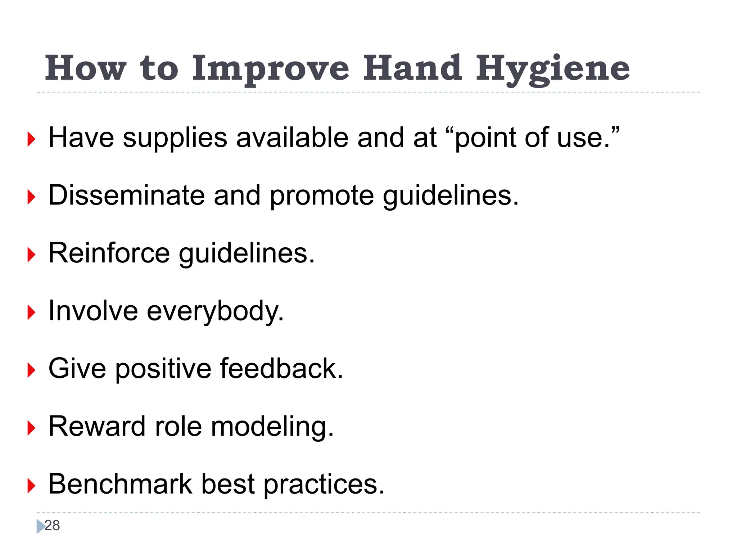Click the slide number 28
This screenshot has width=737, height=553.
[x=52, y=526]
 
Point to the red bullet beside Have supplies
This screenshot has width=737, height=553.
[x=31, y=139]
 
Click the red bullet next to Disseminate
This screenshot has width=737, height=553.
[x=31, y=197]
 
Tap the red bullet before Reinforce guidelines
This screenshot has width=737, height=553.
[x=31, y=255]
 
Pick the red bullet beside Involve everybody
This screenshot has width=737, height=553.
[x=31, y=313]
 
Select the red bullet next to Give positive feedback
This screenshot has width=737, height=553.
[x=31, y=370]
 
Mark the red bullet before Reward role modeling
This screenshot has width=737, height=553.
[x=31, y=428]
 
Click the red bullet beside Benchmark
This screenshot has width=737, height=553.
[x=31, y=486]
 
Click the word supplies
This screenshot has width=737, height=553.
[x=175, y=139]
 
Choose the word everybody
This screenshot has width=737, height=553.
[x=215, y=311]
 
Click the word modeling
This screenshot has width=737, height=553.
[x=272, y=427]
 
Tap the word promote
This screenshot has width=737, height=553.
[x=322, y=197]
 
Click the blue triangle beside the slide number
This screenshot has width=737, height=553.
[x=40, y=526]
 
